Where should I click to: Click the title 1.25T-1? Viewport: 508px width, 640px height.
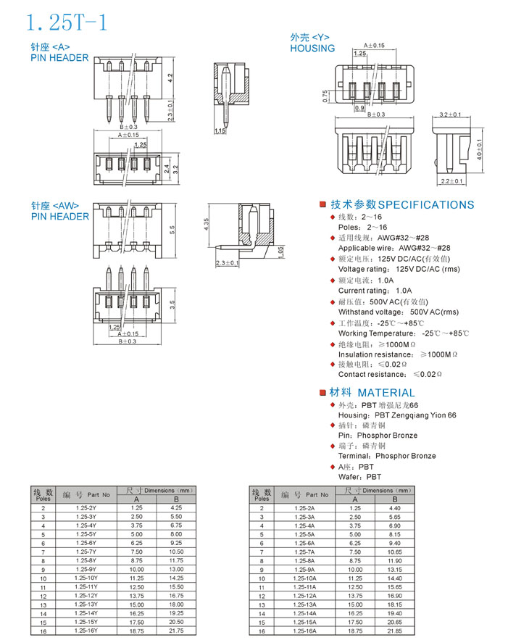tap(67, 22)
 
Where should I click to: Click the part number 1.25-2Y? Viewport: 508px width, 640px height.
tap(86, 508)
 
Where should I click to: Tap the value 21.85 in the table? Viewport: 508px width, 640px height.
tap(395, 631)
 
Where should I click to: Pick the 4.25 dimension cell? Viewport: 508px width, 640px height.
tap(177, 508)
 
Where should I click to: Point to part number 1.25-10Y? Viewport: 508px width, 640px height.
tap(86, 578)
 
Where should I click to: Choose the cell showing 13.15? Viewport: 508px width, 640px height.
tap(395, 570)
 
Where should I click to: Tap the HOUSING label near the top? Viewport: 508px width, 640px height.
tap(312, 49)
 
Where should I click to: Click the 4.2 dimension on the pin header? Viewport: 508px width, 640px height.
tap(169, 77)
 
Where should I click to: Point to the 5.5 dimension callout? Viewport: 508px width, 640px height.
tap(172, 230)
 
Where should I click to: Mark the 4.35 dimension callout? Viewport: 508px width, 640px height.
tap(207, 225)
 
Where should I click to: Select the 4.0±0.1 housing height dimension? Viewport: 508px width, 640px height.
tap(480, 149)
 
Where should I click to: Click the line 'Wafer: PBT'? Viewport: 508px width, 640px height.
tap(359, 477)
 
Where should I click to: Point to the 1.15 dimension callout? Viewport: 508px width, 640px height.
tap(220, 131)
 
